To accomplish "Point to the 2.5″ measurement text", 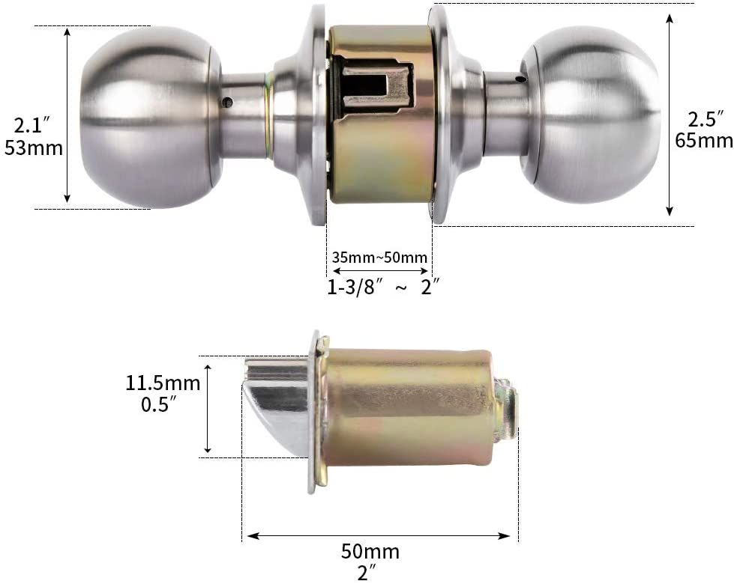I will tap(706, 118).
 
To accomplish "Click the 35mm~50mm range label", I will tap(380, 258).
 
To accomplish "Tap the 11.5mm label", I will tap(163, 383).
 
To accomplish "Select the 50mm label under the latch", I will tap(370, 553).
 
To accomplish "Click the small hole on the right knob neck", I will tap(520, 78).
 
